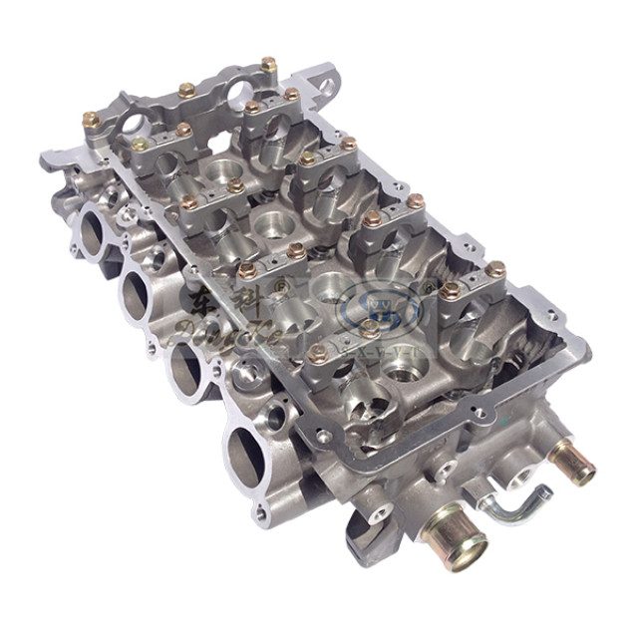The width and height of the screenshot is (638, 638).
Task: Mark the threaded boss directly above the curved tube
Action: (517, 470)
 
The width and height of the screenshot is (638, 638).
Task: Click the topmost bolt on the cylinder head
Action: (269, 64)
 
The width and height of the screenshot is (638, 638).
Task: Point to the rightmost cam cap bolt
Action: (496, 268)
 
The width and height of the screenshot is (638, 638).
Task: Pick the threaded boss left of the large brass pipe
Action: (380, 514)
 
